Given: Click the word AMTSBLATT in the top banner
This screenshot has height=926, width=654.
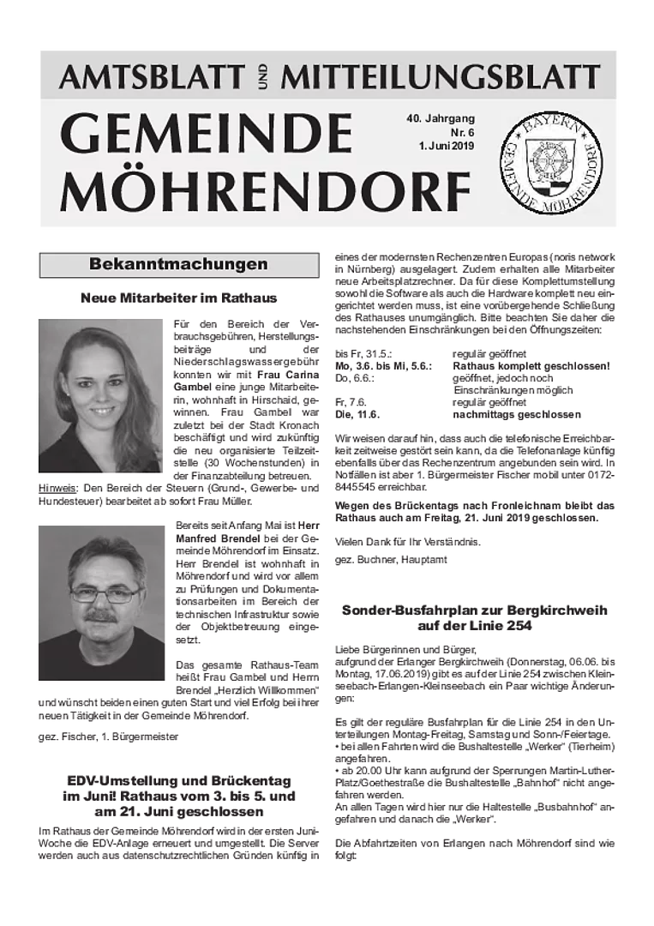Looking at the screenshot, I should click(152, 77).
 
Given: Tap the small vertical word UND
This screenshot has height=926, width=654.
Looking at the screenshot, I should click(263, 78).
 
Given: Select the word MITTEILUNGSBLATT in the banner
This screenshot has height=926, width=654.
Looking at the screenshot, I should click(441, 77).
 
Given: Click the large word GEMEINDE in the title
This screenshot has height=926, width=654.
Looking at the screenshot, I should click(207, 134).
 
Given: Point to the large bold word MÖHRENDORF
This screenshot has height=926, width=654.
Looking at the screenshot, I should click(265, 190).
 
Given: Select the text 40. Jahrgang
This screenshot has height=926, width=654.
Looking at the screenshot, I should click(441, 118).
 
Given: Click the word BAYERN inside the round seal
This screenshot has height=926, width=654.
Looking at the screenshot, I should click(551, 127).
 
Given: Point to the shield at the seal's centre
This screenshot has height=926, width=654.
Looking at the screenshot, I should click(551, 163).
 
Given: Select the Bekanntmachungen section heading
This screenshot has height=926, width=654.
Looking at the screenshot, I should click(178, 264).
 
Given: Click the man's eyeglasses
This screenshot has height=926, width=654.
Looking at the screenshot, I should click(105, 593).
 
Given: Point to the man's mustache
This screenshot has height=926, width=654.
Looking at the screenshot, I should click(101, 616).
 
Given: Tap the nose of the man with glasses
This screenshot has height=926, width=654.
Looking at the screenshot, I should click(103, 603).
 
